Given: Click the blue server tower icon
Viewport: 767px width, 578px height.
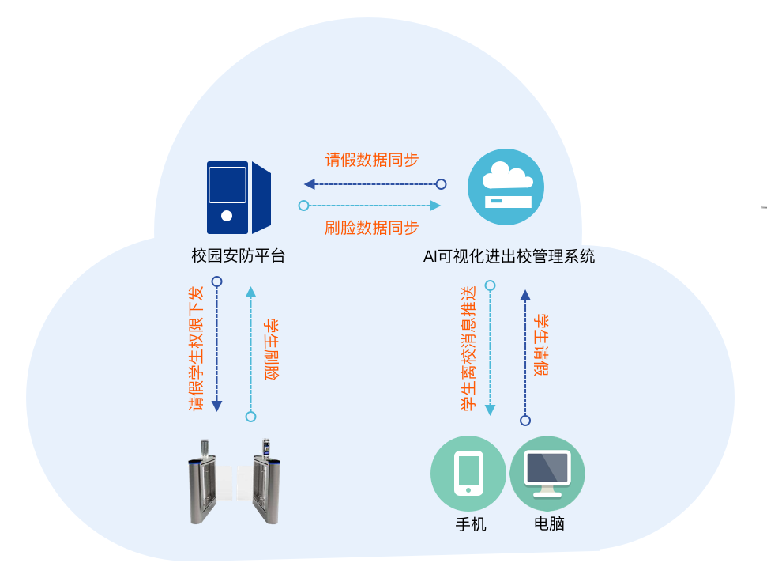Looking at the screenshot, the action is (239, 198).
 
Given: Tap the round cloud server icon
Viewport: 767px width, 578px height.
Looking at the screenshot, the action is (506, 187).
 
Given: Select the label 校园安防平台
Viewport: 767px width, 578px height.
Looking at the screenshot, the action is (239, 255).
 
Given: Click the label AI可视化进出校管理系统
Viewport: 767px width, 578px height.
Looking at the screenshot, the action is (509, 256).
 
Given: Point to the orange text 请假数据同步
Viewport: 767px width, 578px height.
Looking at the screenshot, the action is (372, 160).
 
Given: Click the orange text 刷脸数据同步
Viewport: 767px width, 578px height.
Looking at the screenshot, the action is (372, 228).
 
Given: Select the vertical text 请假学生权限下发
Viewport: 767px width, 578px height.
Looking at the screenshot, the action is (196, 348).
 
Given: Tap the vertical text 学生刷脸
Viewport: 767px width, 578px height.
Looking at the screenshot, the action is (272, 349).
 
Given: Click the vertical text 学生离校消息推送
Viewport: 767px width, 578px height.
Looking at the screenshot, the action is (468, 348).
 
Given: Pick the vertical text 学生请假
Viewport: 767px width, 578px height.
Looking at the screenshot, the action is (541, 346).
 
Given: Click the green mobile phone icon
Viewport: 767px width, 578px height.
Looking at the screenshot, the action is (468, 473).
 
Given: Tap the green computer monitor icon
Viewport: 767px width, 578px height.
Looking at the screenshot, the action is (547, 473).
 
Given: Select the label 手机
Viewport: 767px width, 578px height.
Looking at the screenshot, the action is (471, 524).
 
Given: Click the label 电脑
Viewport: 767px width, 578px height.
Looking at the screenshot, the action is (549, 523).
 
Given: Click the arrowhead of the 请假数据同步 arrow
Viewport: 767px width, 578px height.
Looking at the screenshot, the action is (309, 184).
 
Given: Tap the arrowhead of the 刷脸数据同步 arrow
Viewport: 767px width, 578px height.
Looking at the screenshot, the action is (435, 206).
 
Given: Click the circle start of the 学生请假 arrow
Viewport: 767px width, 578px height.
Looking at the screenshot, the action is (525, 421).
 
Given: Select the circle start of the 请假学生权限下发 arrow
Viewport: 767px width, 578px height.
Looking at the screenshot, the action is (216, 281).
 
